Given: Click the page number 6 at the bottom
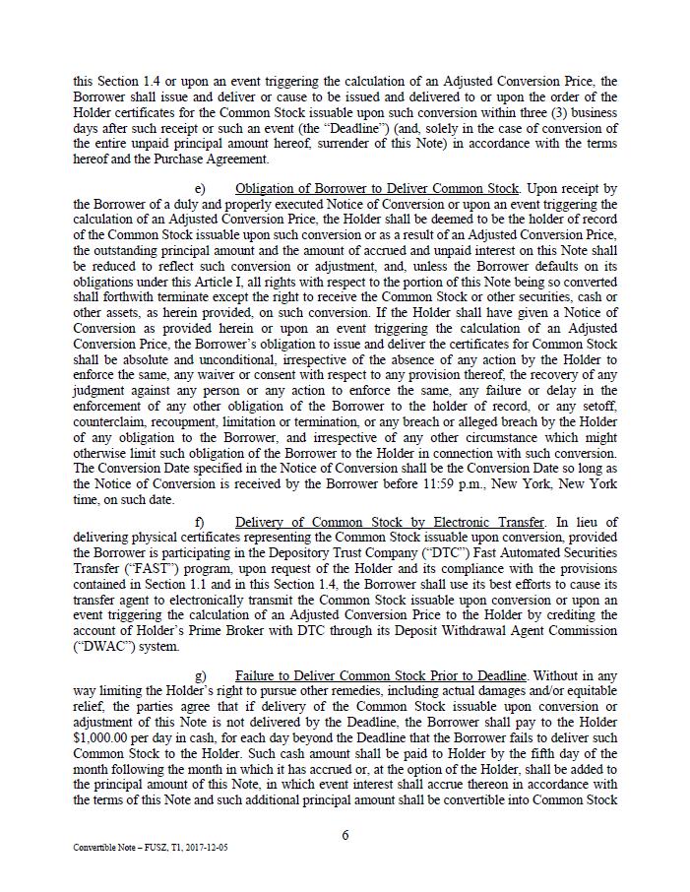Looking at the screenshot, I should [x=345, y=835].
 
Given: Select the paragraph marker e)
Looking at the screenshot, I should [x=200, y=188].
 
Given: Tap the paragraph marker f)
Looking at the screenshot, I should [x=200, y=523].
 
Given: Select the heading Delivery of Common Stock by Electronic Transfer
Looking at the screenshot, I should [x=389, y=523].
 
